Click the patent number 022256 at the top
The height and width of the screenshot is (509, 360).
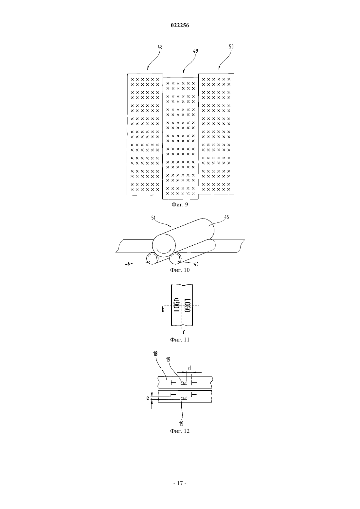coord(180,26)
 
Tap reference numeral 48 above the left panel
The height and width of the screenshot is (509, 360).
coord(160,47)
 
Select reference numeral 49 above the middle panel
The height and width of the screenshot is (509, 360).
coord(195,51)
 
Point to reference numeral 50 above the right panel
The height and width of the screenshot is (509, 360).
coord(231,46)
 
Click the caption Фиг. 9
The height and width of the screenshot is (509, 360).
coord(180,204)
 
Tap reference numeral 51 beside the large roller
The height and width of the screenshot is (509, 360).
coord(153,218)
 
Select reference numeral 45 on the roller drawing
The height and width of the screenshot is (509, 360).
coord(226,217)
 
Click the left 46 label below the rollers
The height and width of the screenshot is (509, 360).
coord(128,264)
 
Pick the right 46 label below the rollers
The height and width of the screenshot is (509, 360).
coord(196,264)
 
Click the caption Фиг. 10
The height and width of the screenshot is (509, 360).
coord(180,270)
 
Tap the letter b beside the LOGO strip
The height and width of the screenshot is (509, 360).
coord(163,309)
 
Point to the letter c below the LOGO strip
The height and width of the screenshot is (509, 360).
coord(184,332)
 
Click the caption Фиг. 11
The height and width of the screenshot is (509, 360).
coord(180,340)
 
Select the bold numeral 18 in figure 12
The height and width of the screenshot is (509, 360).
coord(155,354)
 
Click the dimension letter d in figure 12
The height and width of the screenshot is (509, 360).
coord(189,368)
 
